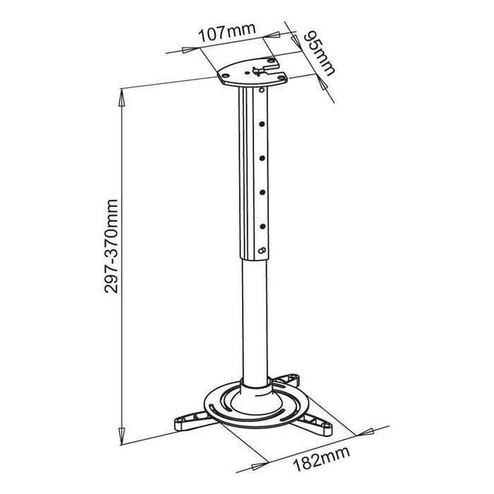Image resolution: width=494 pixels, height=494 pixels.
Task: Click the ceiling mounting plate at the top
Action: tap(253, 73)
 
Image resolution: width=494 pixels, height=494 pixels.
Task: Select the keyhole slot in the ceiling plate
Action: tap(261, 68)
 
